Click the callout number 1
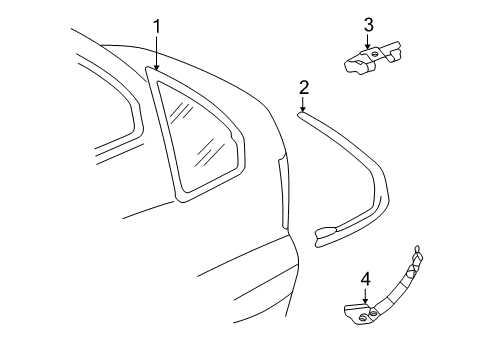point(156,26)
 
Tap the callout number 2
point(304,88)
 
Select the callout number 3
point(368,25)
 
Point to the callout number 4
point(366,279)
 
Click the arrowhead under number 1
point(157,68)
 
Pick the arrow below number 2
point(303,104)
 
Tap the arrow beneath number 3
point(368,42)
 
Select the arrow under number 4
point(366,296)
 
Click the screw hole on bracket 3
point(375,55)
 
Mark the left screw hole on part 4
point(362,318)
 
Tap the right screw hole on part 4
point(373,313)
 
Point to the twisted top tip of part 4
point(417,249)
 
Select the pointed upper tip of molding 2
point(299,114)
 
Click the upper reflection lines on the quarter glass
point(181,111)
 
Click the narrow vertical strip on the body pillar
point(283,192)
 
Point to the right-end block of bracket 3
point(395,53)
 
